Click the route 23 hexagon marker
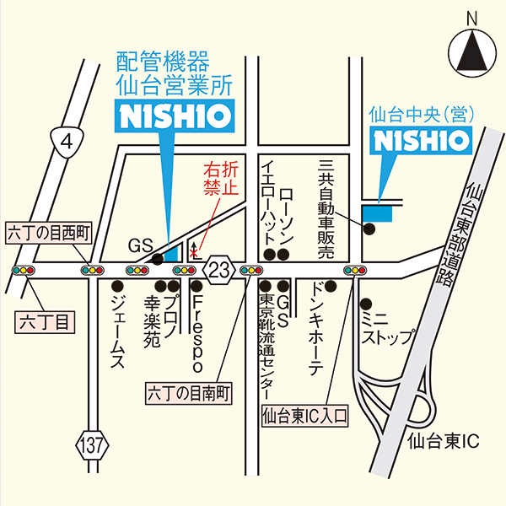(x=220, y=270)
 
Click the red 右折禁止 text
(x=218, y=178)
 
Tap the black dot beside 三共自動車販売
(x=368, y=229)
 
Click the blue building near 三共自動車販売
(x=377, y=213)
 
